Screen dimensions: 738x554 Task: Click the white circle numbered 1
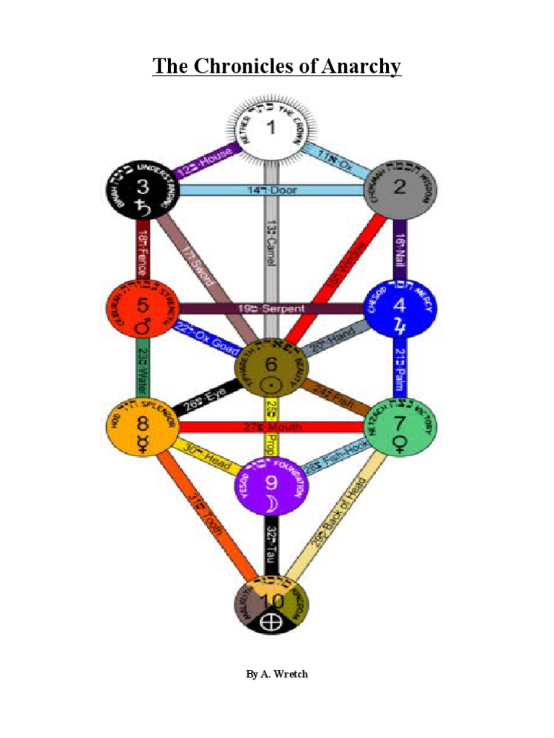pyautogui.click(x=272, y=130)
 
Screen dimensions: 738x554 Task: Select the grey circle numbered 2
pyautogui.click(x=399, y=190)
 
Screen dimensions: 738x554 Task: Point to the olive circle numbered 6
pyautogui.click(x=272, y=368)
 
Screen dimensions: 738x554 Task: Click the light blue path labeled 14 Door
pyautogui.click(x=271, y=190)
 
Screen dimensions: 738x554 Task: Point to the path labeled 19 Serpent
pyautogui.click(x=271, y=308)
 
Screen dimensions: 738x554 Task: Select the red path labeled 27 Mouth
pyautogui.click(x=271, y=427)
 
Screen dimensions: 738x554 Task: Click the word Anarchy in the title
pyautogui.click(x=353, y=67)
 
